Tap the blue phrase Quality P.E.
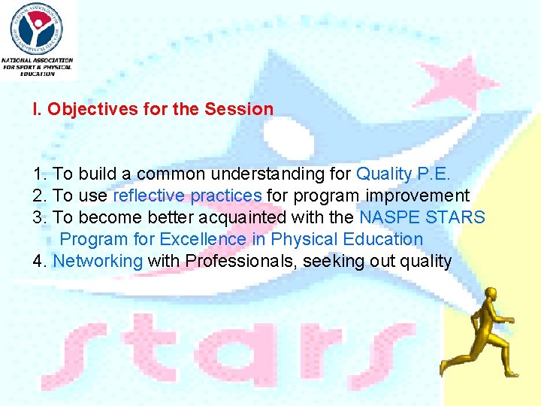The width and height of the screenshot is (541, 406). [x=403, y=174]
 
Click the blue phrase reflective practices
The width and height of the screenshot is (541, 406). [x=187, y=195]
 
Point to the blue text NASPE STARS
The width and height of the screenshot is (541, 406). [x=422, y=217]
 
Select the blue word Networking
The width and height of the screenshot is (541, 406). [x=98, y=261]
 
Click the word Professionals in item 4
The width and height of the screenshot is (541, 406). [x=241, y=261]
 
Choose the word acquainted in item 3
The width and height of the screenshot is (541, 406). [x=242, y=217]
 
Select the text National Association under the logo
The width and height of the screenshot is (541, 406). [x=38, y=60]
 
